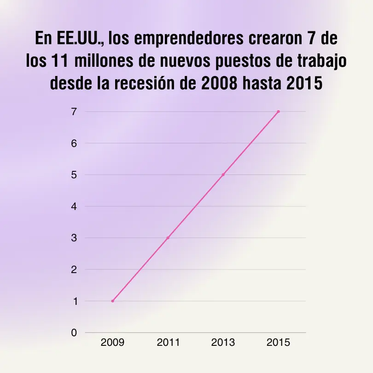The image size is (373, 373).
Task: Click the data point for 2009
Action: click(x=112, y=301)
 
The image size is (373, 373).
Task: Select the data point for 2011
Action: click(x=168, y=238)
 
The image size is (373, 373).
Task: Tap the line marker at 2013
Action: click(x=223, y=175)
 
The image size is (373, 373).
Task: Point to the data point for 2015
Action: click(x=278, y=111)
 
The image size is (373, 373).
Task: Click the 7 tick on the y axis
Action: click(x=73, y=111)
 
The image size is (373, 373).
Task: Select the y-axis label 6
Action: click(x=73, y=143)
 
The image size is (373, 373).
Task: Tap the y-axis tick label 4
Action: click(x=73, y=206)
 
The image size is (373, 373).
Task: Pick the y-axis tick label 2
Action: click(x=73, y=269)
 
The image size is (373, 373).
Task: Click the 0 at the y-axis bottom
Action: click(x=73, y=332)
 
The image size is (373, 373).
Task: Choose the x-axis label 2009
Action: click(x=112, y=343)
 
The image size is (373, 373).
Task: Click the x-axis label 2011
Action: click(x=168, y=343)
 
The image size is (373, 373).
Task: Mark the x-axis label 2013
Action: click(x=223, y=343)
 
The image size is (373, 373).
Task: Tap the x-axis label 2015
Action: click(x=278, y=343)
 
